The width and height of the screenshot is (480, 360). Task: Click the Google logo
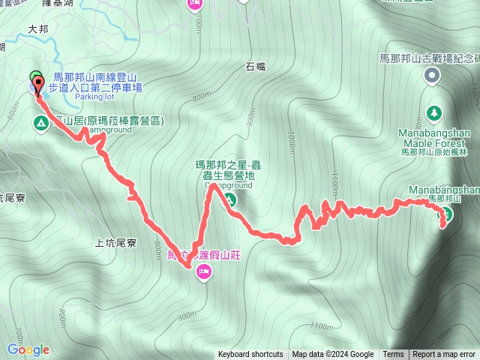point(28,349)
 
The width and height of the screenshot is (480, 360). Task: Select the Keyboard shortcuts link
point(250,355)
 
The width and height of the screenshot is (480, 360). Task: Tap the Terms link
point(393,355)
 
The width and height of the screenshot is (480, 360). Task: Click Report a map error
point(445,355)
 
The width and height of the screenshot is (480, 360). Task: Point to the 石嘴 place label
point(256,67)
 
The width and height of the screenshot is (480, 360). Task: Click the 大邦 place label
point(37,29)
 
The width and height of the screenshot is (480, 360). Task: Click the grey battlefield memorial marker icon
point(433,74)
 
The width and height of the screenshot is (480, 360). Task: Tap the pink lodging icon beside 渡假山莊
point(202,275)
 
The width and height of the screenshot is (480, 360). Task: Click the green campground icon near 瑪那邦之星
point(230,200)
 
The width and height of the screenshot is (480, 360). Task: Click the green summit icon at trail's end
point(444,214)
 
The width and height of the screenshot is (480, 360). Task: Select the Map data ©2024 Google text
point(333,355)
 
